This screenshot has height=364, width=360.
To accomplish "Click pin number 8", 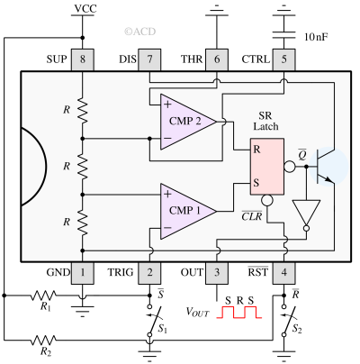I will click(x=83, y=59).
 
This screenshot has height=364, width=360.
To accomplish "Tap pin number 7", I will click(x=150, y=59).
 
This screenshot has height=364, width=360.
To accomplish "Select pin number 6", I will click(x=217, y=59).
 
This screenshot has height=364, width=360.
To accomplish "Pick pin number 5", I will click(x=284, y=59).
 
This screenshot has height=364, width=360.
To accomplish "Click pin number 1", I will click(x=83, y=272).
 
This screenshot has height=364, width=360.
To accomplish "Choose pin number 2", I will click(x=150, y=272).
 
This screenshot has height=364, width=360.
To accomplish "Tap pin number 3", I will click(x=217, y=272).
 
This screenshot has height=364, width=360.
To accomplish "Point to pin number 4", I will click(x=284, y=272).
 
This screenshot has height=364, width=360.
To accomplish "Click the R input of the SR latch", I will click(x=257, y=149).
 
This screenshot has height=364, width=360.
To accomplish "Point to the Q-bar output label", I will click(x=302, y=153).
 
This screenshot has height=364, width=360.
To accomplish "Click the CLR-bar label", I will click(x=253, y=216).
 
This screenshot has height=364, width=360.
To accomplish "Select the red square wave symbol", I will click(x=238, y=312).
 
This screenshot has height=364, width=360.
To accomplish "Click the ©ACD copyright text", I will click(x=139, y=32).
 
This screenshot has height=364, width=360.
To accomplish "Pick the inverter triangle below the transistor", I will click(x=306, y=214).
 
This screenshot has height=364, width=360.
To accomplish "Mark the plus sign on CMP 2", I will click(x=167, y=104).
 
